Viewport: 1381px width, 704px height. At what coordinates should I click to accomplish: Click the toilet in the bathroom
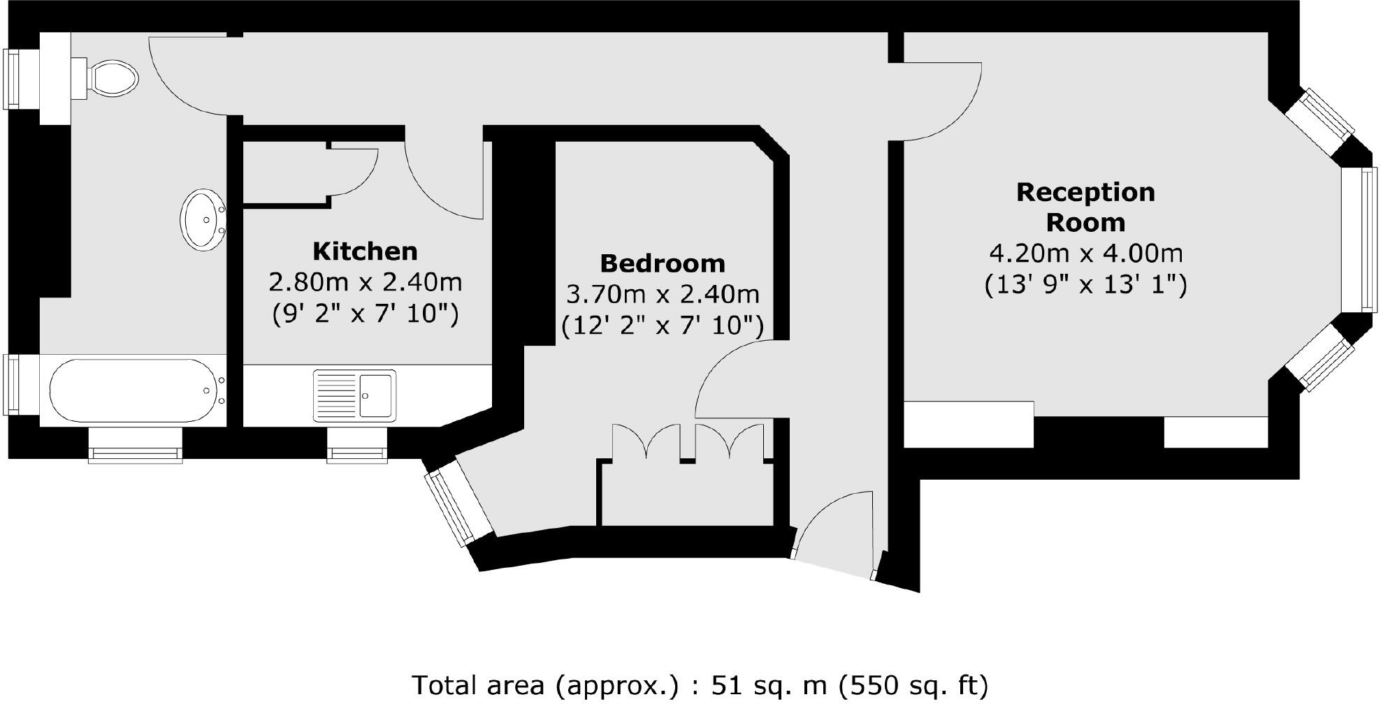pyautogui.click(x=112, y=78)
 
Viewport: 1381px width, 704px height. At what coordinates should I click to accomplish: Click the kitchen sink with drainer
pyautogui.click(x=354, y=395)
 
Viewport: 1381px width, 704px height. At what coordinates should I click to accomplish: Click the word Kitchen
pyautogui.click(x=365, y=251)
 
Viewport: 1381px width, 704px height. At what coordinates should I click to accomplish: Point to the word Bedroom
pyautogui.click(x=663, y=263)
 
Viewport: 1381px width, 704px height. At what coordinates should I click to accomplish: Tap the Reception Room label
pyautogui.click(x=1085, y=207)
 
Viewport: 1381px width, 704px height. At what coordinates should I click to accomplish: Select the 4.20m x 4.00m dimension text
pyautogui.click(x=1085, y=253)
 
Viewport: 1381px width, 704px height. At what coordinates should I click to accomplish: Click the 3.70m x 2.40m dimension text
pyautogui.click(x=663, y=295)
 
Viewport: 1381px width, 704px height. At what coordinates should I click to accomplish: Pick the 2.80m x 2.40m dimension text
pyautogui.click(x=365, y=282)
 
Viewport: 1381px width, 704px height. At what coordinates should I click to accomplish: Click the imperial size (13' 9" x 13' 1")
pyautogui.click(x=1085, y=285)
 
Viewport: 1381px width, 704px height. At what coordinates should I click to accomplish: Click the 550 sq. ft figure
pyautogui.click(x=914, y=686)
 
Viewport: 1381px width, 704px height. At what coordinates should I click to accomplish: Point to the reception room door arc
pyautogui.click(x=943, y=105)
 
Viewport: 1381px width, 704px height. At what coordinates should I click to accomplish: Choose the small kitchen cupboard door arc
pyautogui.click(x=356, y=171)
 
